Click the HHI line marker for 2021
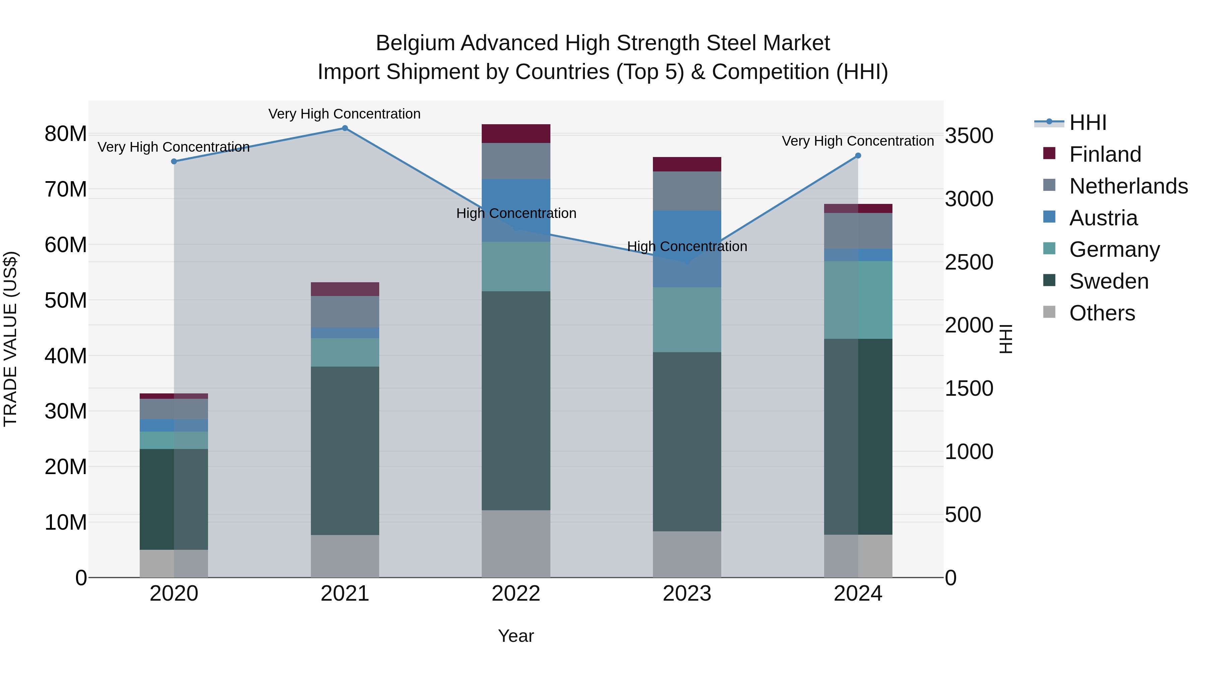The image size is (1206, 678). pyautogui.click(x=345, y=128)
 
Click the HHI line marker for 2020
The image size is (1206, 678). pyautogui.click(x=174, y=161)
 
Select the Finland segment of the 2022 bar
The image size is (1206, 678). pyautogui.click(x=516, y=134)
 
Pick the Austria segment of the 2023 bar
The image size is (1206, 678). pyautogui.click(x=687, y=249)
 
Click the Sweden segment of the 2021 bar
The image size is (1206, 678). pyautogui.click(x=345, y=451)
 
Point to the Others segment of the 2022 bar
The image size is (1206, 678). pyautogui.click(x=516, y=544)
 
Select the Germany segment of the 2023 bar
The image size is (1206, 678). pyautogui.click(x=687, y=320)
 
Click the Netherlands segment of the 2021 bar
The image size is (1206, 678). pyautogui.click(x=345, y=312)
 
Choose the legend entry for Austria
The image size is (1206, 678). pyautogui.click(x=1103, y=218)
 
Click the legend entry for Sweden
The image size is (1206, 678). pyautogui.click(x=1108, y=282)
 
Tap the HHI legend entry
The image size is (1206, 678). pyautogui.click(x=1087, y=123)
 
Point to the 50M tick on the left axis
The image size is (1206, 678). pyautogui.click(x=66, y=300)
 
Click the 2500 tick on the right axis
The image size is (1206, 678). pyautogui.click(x=968, y=262)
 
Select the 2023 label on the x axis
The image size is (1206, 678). pyautogui.click(x=687, y=594)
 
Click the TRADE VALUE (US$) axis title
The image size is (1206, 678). pyautogui.click(x=11, y=339)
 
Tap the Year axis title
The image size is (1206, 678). pyautogui.click(x=516, y=636)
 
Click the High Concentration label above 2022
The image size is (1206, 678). pyautogui.click(x=516, y=213)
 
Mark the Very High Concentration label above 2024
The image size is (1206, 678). pyautogui.click(x=857, y=141)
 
